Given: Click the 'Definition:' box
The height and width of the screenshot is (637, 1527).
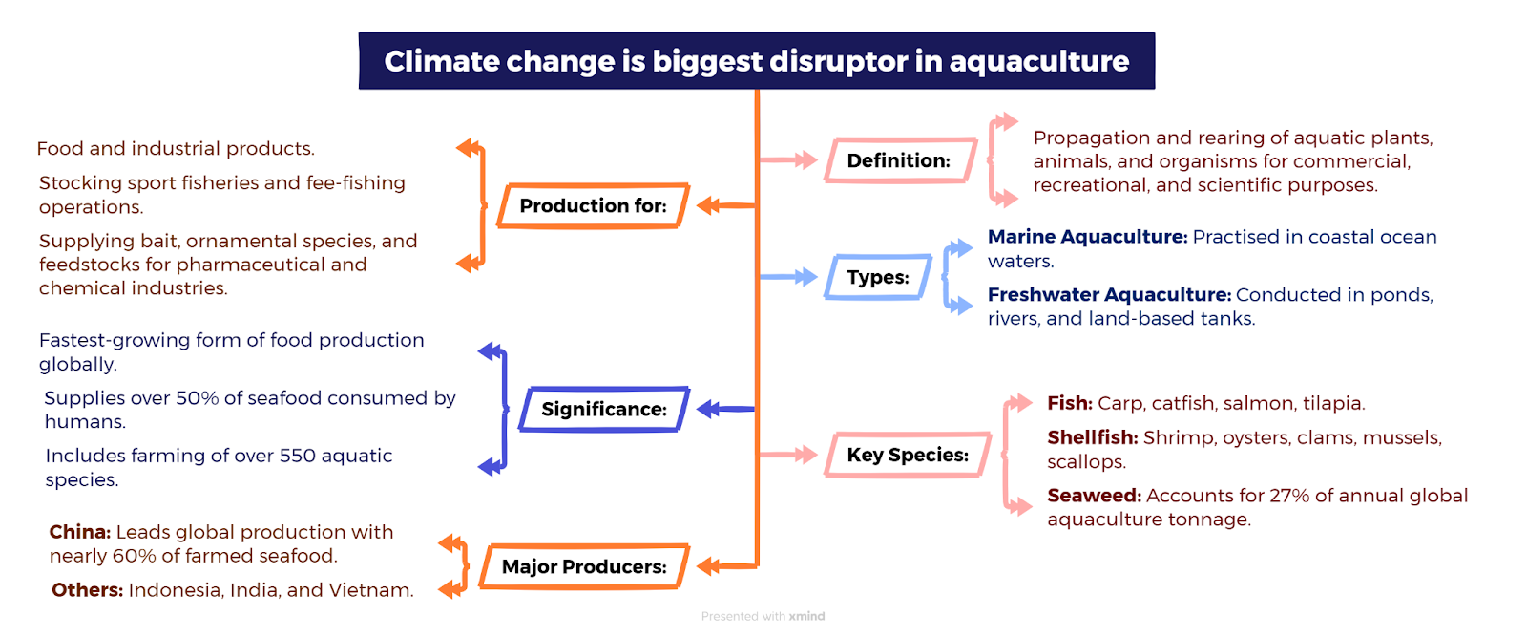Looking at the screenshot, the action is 901,160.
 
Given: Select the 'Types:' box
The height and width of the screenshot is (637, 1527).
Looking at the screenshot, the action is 878,277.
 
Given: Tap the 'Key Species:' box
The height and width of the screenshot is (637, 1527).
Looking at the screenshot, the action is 908,455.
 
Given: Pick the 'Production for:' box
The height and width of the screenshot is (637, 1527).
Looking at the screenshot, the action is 593,205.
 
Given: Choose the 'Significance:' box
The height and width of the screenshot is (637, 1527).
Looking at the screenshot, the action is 604,409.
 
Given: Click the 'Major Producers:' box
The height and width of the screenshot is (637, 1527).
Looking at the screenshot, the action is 584,566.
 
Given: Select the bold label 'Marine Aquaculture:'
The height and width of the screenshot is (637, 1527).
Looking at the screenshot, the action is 1087,237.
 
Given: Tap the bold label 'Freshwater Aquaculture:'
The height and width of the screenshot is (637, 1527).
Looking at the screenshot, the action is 1109,295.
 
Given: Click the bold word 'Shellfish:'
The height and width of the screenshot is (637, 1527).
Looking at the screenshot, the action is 1093,437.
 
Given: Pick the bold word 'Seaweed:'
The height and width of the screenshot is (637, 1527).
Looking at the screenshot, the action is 1094,495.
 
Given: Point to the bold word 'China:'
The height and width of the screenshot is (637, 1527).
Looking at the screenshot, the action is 80,532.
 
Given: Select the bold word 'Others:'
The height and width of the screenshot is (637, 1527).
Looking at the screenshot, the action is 87,590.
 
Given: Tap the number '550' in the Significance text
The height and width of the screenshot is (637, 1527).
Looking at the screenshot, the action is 297,456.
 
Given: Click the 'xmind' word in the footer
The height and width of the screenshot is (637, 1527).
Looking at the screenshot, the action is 806,617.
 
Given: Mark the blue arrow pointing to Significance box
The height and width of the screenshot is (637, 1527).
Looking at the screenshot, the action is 725,409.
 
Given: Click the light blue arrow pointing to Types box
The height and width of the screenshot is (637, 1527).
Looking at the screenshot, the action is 788,277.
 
